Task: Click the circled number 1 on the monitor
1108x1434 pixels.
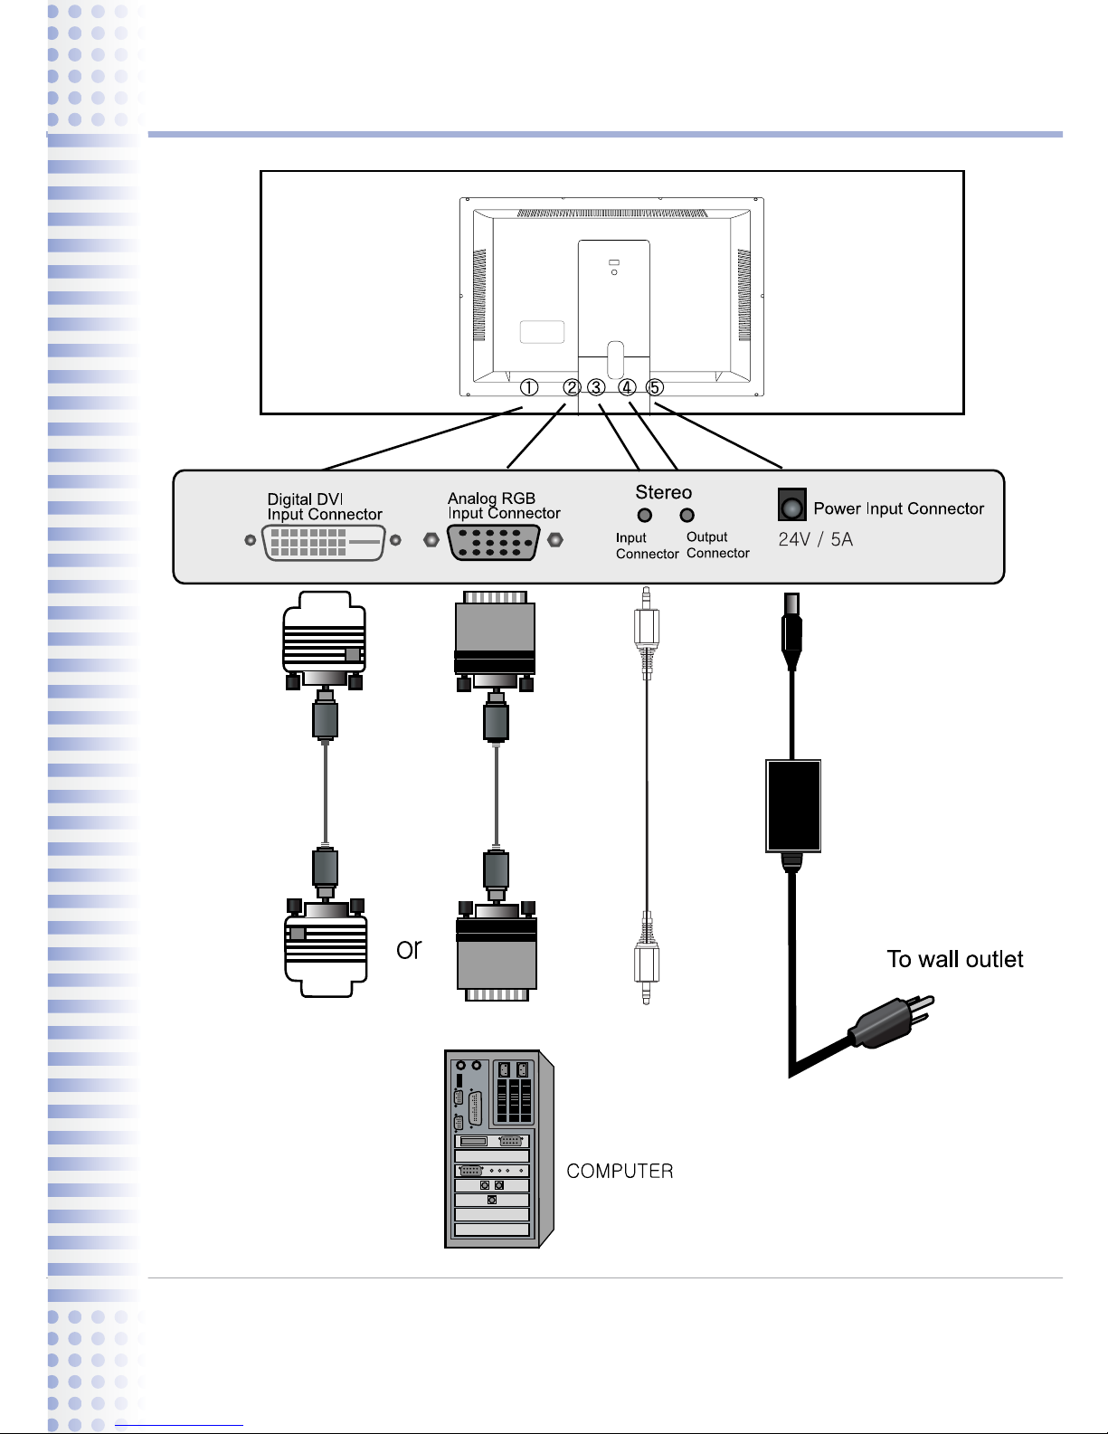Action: pos(529,387)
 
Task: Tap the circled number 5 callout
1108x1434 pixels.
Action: pos(655,387)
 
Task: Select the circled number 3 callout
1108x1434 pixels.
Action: pos(596,387)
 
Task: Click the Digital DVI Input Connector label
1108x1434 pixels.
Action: pos(325,507)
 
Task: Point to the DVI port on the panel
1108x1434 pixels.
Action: pos(324,543)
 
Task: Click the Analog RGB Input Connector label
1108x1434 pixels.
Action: pos(504,506)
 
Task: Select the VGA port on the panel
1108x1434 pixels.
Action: pos(494,542)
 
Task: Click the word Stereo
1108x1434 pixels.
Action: pos(663,492)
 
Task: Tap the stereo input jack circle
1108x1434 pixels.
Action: pos(645,516)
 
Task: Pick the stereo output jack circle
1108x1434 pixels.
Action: pos(687,516)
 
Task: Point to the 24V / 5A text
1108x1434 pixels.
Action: pos(815,540)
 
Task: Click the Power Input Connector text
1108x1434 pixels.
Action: pos(898,508)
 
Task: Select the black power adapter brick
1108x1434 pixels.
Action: pos(793,805)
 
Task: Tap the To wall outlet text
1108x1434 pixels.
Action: pos(955,960)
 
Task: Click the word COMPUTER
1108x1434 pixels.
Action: pos(620,1172)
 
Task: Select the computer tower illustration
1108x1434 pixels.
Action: pos(497,1149)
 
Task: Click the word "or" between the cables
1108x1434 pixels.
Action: pos(409,949)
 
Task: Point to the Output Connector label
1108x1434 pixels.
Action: pos(717,545)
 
